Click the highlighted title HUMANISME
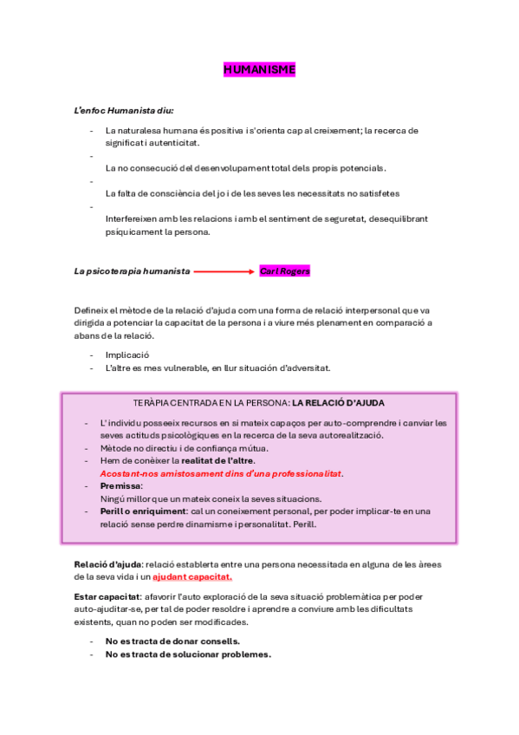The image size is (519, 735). tap(259, 69)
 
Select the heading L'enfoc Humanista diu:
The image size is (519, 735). tap(124, 111)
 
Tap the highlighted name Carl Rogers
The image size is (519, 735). tap(284, 271)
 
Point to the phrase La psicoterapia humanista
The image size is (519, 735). tap(132, 271)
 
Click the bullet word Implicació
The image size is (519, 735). tap(127, 354)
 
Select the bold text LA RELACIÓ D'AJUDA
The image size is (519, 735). tap(338, 404)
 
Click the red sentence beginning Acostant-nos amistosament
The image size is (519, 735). tap(222, 473)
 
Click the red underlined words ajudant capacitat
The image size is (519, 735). tap(192, 576)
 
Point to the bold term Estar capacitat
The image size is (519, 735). tap(107, 597)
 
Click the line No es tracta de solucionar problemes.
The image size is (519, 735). tap(188, 654)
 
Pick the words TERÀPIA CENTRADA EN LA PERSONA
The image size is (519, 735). tap(211, 404)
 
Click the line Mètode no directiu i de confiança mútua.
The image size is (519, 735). tap(185, 448)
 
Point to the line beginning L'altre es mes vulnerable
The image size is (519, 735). tap(217, 367)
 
